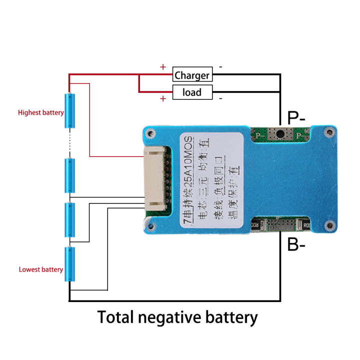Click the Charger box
[x=192, y=75]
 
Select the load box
[x=192, y=92]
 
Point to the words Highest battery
[x=40, y=112]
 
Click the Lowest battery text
[x=40, y=269]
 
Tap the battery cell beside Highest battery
[x=70, y=110]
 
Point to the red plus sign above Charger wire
[x=162, y=66]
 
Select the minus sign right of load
[x=220, y=98]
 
